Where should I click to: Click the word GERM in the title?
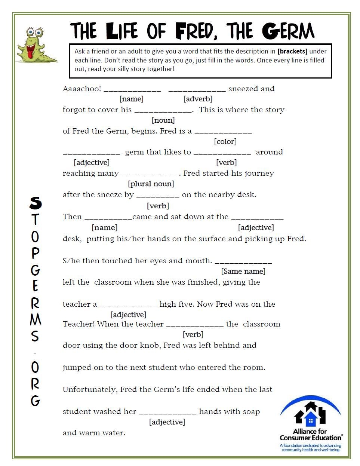coord(288,31)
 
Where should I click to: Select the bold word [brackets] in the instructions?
coord(292,51)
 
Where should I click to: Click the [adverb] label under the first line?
coord(198,99)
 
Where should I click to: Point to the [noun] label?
coord(163,120)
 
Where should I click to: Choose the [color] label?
coord(225,141)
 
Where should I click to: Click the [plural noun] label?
coord(151,184)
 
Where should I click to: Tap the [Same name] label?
coord(243,271)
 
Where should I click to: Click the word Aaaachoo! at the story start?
coord(82,89)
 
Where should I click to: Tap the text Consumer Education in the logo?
coord(310,438)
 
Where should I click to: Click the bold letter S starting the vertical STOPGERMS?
coord(36,203)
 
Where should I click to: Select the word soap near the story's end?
coord(251,411)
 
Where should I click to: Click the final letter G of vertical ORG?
coord(35,401)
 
